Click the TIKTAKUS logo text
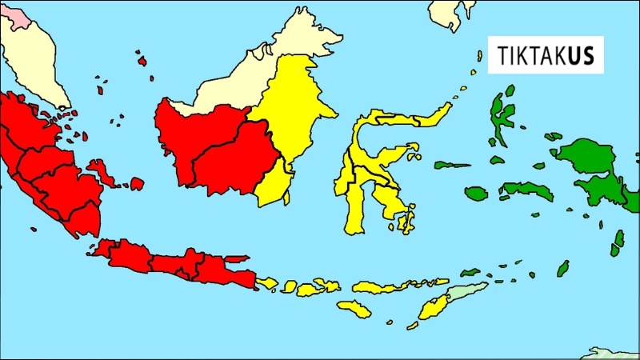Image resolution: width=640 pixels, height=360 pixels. coord(546,58)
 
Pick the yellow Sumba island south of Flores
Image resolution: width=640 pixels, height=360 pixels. coord(354,309)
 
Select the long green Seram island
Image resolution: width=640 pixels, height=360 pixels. coord(528,191)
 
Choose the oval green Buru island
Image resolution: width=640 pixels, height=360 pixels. coord(476,194)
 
